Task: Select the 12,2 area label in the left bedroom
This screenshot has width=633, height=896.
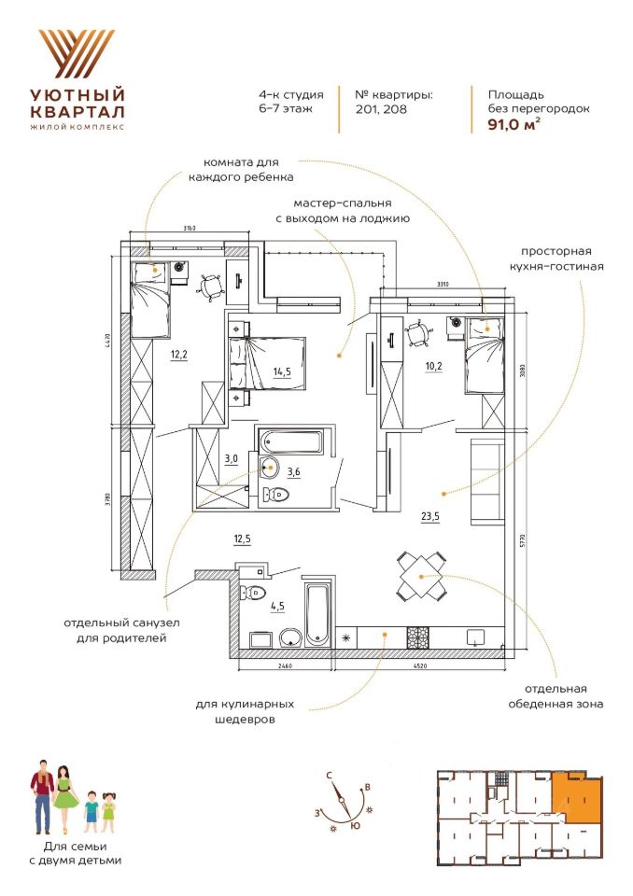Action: (179, 355)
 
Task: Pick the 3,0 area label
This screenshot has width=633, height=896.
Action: (232, 458)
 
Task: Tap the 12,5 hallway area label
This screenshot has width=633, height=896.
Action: (244, 539)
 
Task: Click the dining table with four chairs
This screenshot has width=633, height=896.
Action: (421, 575)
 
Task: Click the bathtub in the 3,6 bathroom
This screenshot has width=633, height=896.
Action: (289, 440)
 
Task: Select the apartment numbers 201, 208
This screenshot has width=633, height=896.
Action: (381, 109)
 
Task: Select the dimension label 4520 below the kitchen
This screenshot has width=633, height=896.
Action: (419, 665)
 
